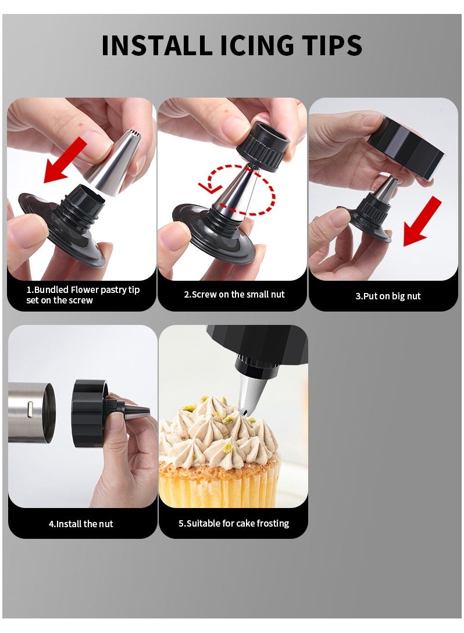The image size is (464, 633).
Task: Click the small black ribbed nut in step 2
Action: point(263,145)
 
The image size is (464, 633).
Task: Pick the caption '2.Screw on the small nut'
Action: point(234,295)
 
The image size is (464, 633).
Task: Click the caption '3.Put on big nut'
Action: point(388,296)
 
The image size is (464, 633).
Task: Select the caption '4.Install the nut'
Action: point(81,524)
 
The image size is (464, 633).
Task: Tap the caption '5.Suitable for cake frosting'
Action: point(234,524)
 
